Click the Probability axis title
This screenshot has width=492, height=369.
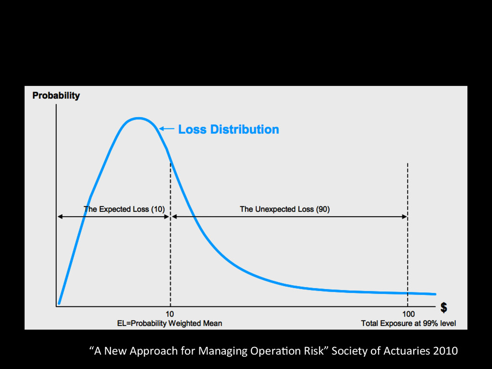click(x=56, y=96)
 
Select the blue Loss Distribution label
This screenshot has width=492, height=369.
click(x=228, y=129)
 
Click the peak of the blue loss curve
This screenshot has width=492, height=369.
click(x=138, y=118)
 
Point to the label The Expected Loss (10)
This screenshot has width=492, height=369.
click(x=124, y=209)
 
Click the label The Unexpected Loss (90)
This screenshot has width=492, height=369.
click(x=284, y=209)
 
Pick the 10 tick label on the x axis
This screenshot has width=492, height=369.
click(x=170, y=314)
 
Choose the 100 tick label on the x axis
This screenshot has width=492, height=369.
click(x=407, y=314)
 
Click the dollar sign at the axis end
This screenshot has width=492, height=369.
click(x=444, y=308)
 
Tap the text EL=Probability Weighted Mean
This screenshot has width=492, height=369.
click(x=170, y=323)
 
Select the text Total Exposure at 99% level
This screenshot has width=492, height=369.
click(x=408, y=323)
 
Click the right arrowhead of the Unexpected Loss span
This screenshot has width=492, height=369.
click(x=405, y=217)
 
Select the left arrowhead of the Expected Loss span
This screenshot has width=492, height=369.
click(x=60, y=217)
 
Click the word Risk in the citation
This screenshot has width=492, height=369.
click(x=313, y=351)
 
